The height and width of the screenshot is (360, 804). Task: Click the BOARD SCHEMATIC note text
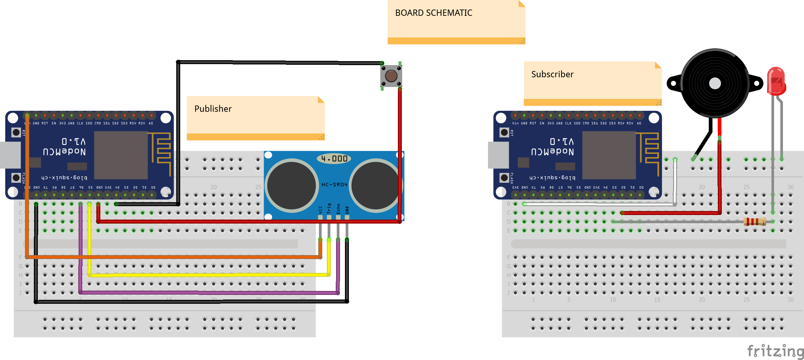pyautogui.click(x=433, y=13)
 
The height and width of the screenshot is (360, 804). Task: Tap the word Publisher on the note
pyautogui.click(x=213, y=109)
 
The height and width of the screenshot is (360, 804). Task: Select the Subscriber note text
pyautogui.click(x=552, y=74)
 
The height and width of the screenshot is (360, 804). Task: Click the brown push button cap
pyautogui.click(x=391, y=76)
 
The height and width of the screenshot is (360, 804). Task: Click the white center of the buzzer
pyautogui.click(x=715, y=84)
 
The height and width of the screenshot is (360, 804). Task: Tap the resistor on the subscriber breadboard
pyautogui.click(x=755, y=222)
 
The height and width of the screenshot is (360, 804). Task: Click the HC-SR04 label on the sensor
pyautogui.click(x=334, y=185)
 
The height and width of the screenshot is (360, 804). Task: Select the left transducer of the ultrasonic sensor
pyautogui.click(x=291, y=185)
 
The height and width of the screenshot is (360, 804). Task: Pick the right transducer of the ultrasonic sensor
pyautogui.click(x=375, y=185)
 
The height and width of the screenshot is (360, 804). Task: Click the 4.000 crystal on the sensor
pyautogui.click(x=334, y=159)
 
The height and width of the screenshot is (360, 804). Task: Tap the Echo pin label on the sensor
pyautogui.click(x=338, y=209)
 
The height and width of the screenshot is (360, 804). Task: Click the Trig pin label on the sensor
pyautogui.click(x=329, y=209)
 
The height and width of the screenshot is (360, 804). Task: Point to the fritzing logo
pyautogui.click(x=775, y=351)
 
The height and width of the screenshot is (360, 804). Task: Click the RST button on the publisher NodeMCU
pyautogui.click(x=16, y=132)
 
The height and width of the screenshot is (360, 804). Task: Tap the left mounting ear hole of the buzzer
pyautogui.click(x=673, y=84)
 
